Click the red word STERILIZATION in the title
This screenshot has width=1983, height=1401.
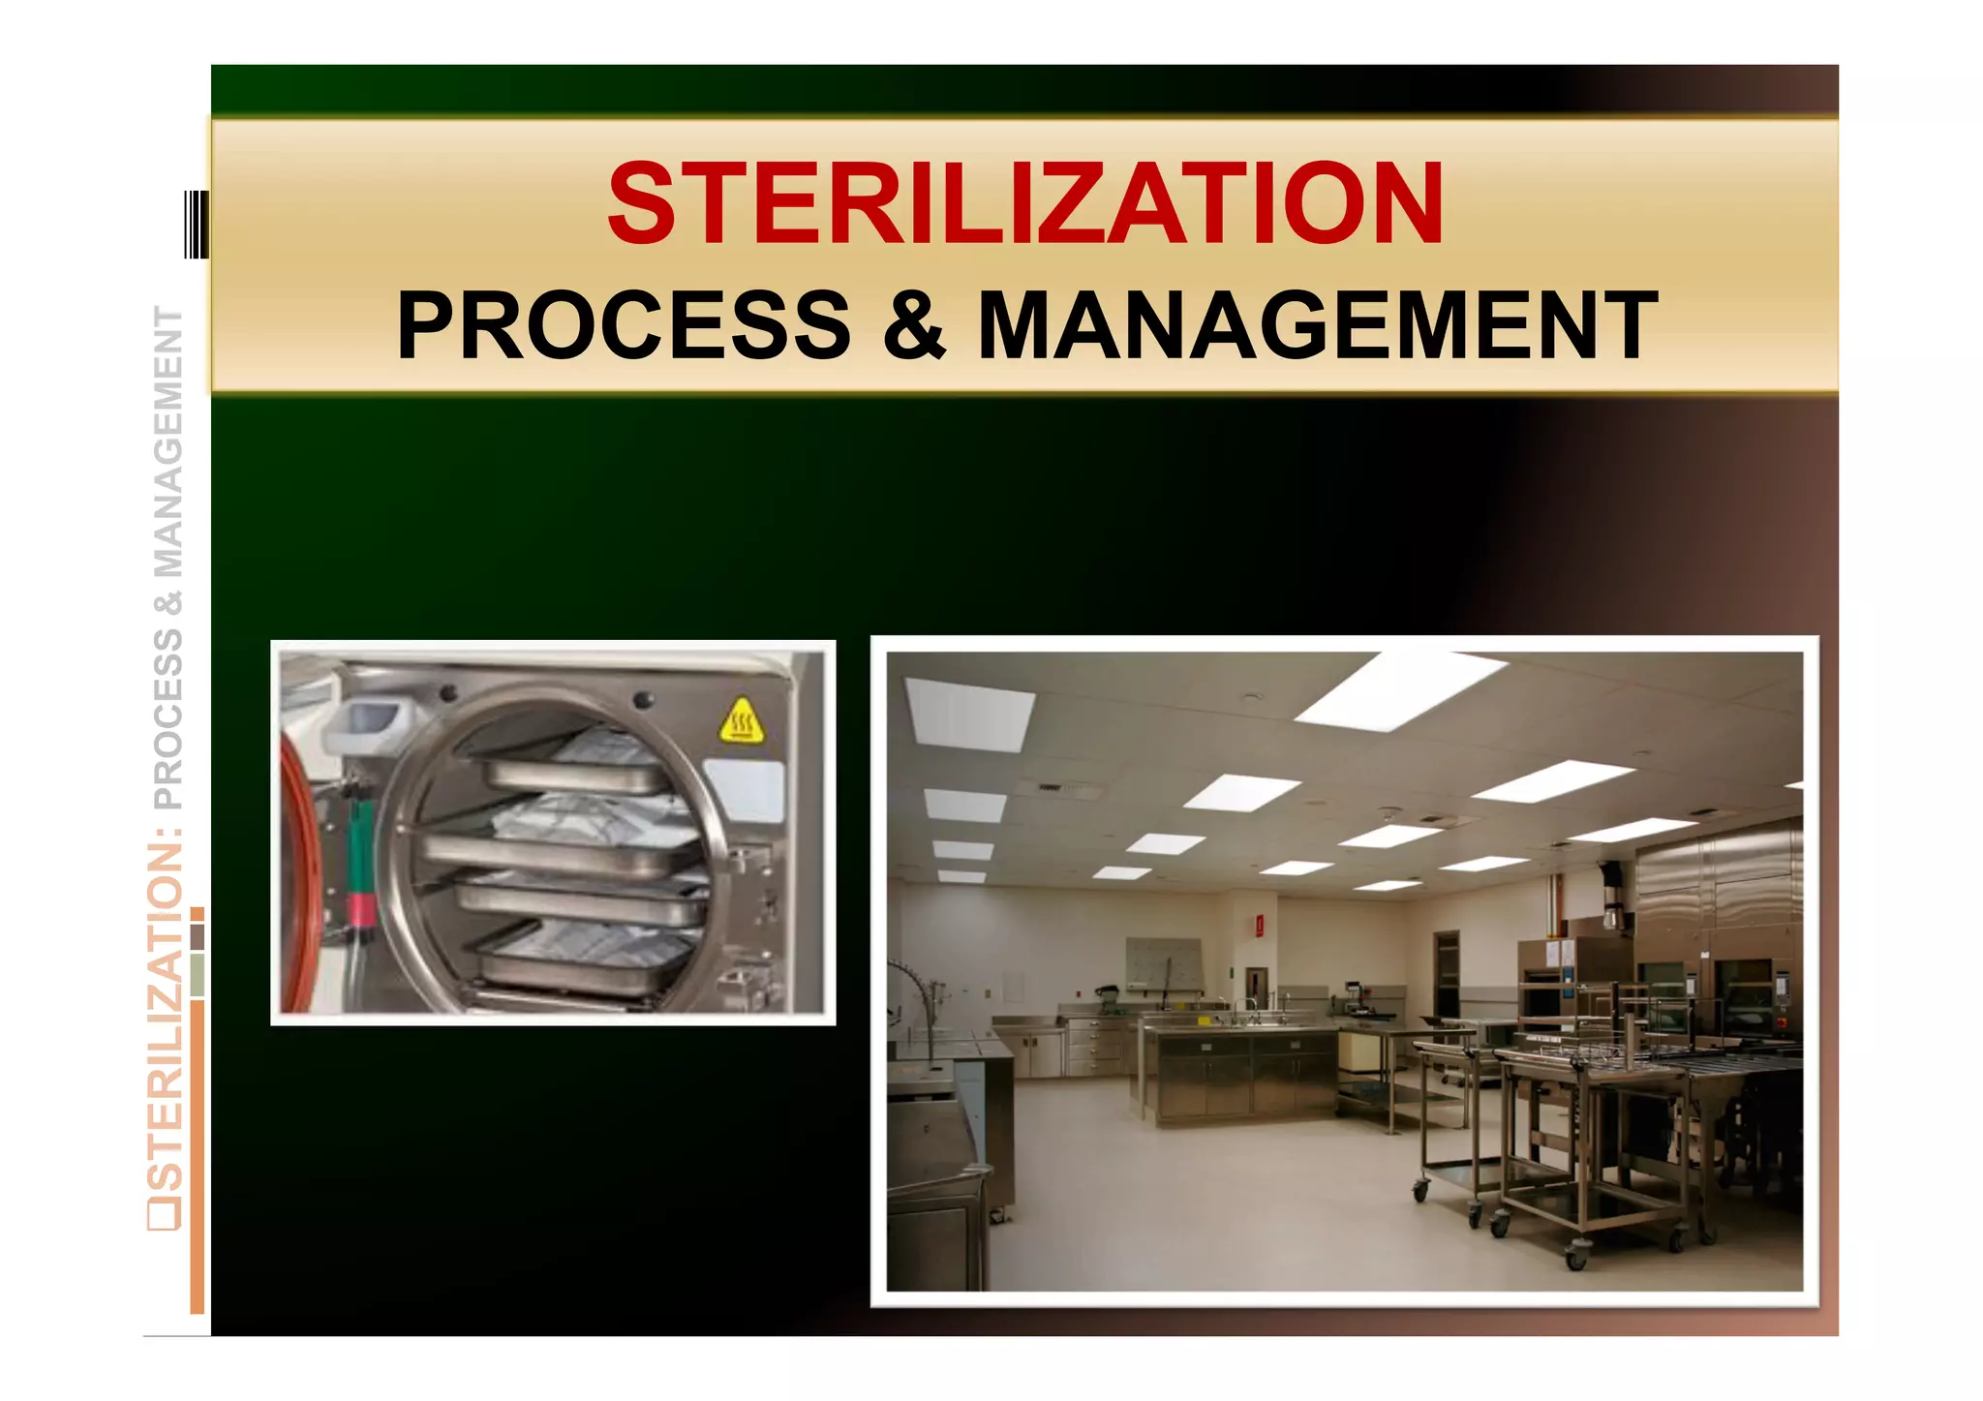1025,204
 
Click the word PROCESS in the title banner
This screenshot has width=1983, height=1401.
624,325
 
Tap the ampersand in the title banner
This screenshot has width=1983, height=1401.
913,325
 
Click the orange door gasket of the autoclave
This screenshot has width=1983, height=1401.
293,871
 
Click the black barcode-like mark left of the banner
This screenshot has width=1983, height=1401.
196,225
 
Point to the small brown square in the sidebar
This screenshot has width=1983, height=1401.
198,936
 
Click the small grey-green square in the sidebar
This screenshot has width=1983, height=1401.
198,975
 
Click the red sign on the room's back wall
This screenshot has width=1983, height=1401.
1259,927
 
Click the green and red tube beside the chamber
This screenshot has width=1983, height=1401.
360,871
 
